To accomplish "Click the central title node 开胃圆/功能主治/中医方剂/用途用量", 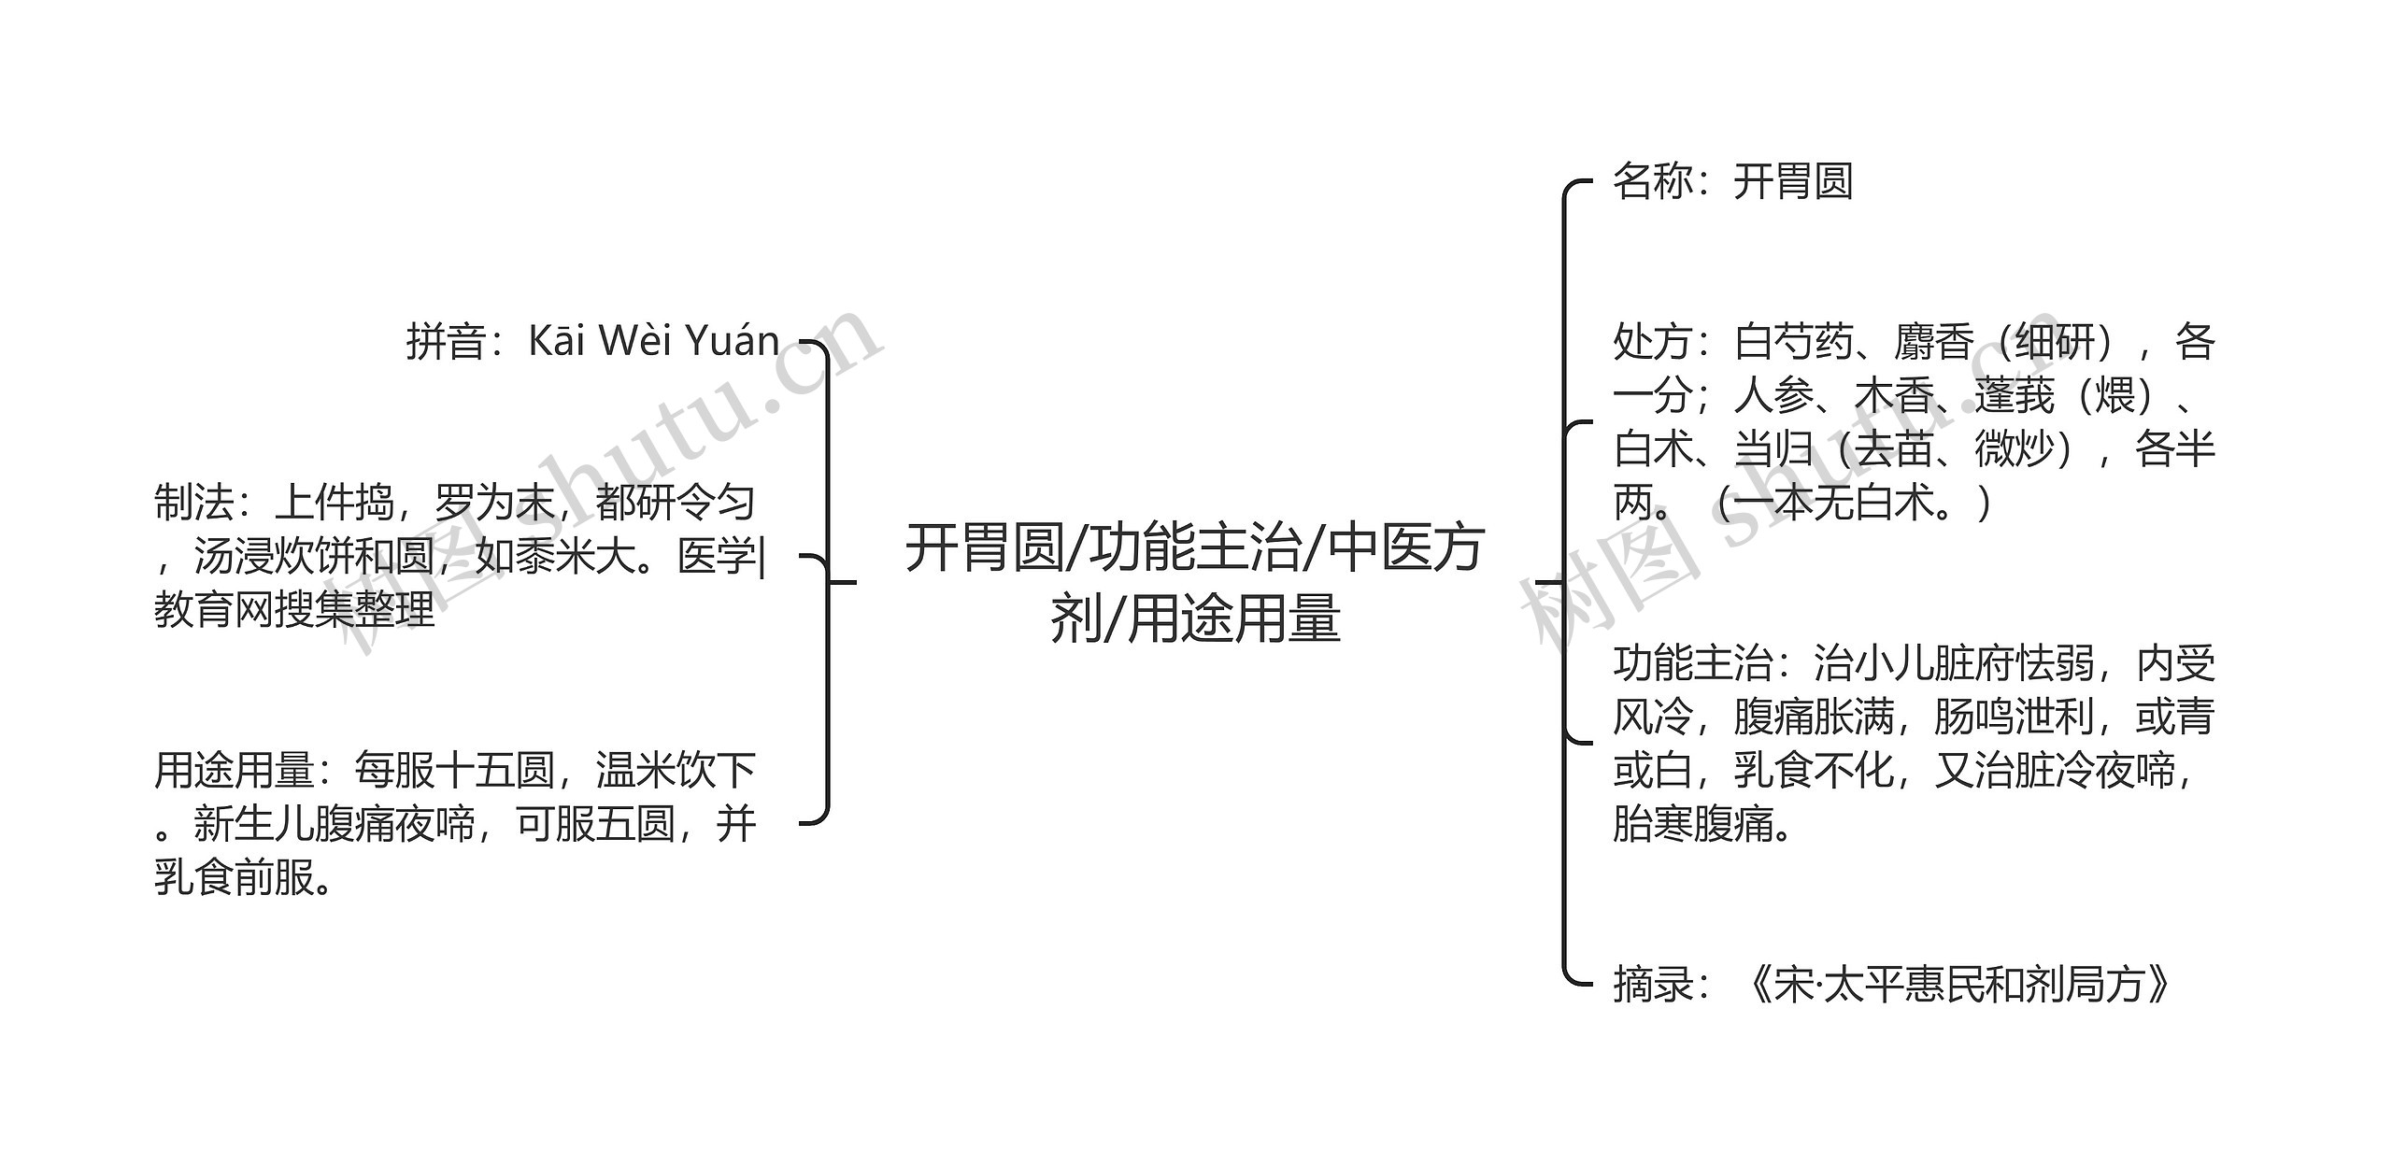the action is click(1194, 583).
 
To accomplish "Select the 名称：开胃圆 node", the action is click(1732, 181).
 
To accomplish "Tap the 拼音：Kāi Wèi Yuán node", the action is click(592, 341).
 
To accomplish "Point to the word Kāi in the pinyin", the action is click(557, 341).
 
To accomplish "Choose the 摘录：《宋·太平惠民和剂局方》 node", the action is click(1893, 985).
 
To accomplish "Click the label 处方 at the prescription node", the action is click(1652, 342).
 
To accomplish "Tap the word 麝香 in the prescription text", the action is click(1933, 342).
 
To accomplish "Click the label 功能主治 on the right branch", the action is click(1692, 664).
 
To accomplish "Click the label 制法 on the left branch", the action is click(193, 504).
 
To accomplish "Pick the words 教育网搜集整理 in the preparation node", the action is click(294, 611).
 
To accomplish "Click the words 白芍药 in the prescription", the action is click(1793, 342).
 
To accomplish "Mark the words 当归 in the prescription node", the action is click(1773, 449).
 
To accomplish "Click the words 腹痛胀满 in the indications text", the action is click(1813, 717).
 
